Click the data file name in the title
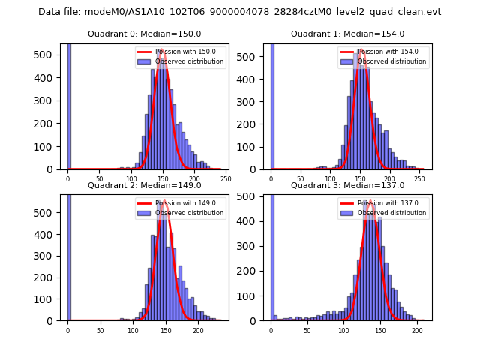[239, 12]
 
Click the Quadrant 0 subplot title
[143, 34]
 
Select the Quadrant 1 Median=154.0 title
[347, 34]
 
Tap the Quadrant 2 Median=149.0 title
[143, 185]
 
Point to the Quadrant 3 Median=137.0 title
[347, 185]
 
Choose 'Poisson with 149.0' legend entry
[180, 203]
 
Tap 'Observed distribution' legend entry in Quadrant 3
[393, 212]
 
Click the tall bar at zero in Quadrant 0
[69, 105]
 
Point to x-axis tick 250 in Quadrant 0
[226, 179]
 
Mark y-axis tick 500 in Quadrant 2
[49, 212]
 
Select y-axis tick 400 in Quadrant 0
[49, 79]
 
